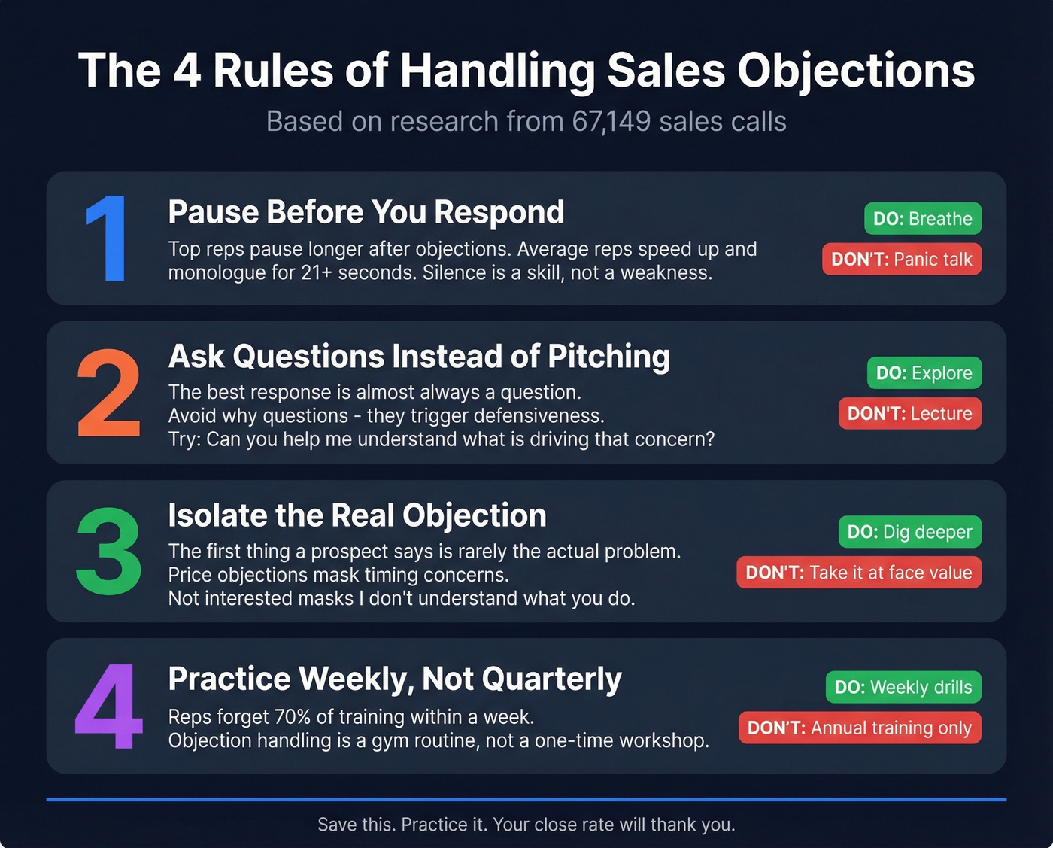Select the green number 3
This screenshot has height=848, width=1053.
109,552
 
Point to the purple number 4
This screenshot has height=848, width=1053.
109,707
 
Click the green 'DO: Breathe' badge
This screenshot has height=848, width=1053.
922,219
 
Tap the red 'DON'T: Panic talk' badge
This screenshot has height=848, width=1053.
901,260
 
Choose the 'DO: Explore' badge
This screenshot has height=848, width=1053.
924,373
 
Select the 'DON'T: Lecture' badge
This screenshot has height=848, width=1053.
909,414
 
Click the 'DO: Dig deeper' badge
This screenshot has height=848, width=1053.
909,532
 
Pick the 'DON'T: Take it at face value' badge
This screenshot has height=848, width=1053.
858,573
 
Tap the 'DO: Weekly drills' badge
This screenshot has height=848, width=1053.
903,687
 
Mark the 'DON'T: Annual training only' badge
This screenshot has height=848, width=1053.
859,728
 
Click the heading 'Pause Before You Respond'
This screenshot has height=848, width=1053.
366,212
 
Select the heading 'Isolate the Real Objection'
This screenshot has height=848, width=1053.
357,515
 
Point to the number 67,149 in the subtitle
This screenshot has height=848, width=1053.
611,122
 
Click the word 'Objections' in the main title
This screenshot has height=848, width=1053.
855,71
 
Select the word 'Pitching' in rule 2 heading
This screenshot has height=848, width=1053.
608,357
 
